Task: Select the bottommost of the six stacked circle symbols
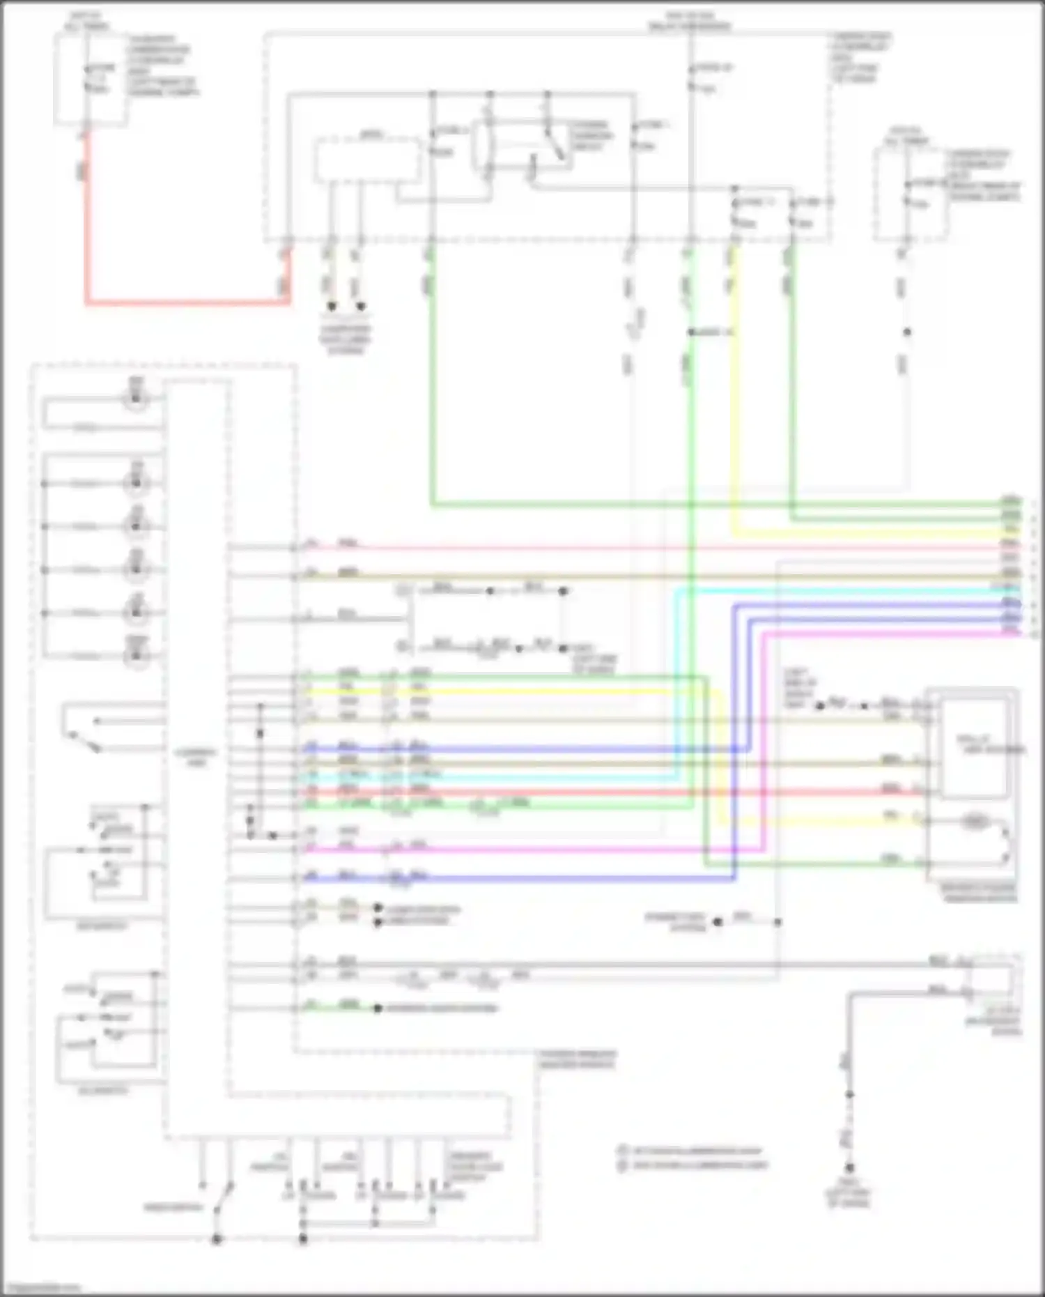tap(137, 655)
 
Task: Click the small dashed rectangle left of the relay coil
tap(367, 160)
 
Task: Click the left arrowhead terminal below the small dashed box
tap(332, 306)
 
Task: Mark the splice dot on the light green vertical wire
tap(691, 332)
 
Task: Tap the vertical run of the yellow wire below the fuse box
tap(733, 390)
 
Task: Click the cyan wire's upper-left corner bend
tap(676, 591)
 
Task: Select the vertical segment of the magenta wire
tap(764, 739)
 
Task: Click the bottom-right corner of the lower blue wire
tap(734, 879)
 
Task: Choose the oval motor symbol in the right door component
tap(975, 822)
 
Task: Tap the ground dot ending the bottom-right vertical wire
tap(849, 1167)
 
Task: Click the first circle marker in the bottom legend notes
tap(621, 1150)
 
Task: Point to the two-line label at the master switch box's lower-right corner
tap(577, 1059)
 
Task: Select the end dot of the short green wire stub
tap(378, 1008)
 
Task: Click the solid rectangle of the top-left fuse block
tap(91, 78)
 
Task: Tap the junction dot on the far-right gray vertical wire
tap(907, 332)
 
